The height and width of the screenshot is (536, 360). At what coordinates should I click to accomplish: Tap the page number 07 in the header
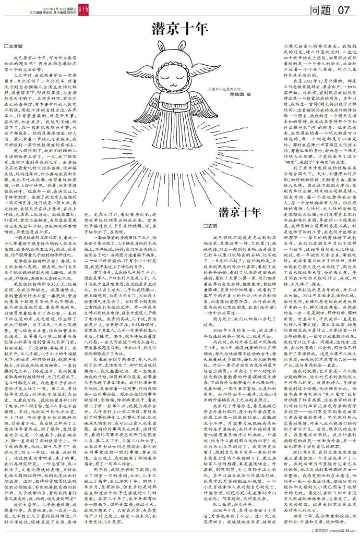[x=347, y=9]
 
